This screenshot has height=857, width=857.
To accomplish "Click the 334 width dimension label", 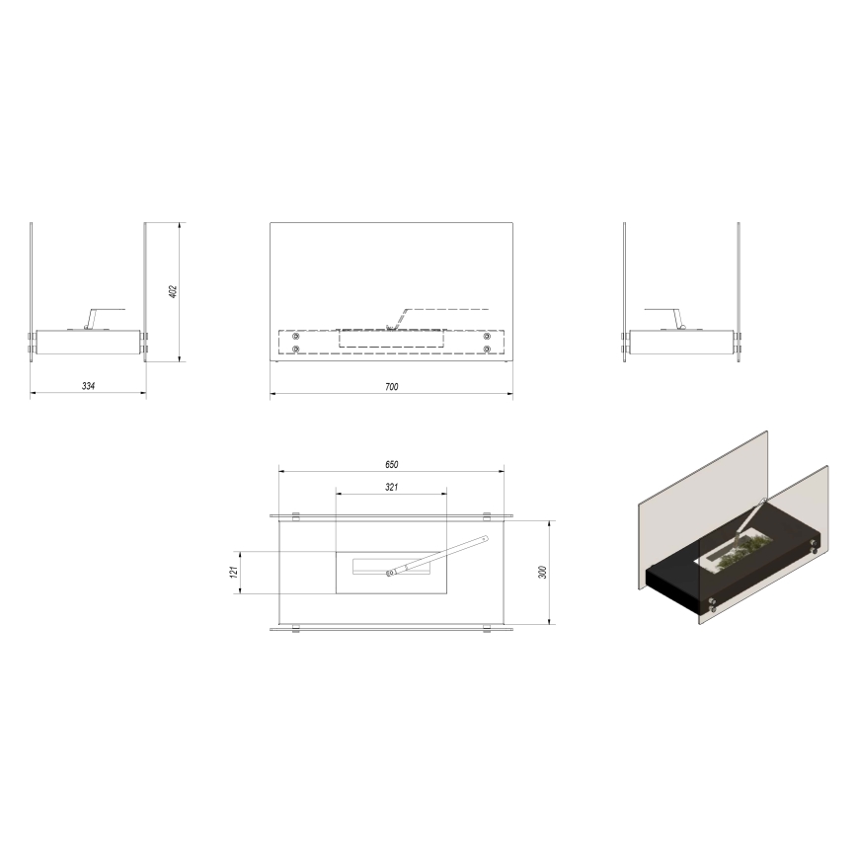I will click(89, 386).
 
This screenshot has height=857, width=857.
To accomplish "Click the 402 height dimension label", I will click(173, 291).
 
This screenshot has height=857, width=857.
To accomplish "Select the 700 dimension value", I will click(391, 387).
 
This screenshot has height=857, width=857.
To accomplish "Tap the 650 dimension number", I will click(391, 463).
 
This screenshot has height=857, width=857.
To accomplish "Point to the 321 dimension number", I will click(391, 487).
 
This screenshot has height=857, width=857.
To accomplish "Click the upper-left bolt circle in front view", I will click(296, 337).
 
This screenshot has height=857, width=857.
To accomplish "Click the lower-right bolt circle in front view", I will click(487, 349).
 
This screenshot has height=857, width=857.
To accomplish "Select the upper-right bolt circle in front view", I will click(487, 337).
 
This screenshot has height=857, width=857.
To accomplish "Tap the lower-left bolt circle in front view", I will click(296, 349).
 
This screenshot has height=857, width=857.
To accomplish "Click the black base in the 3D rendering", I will click(691, 586).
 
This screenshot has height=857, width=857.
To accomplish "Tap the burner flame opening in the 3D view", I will click(736, 556).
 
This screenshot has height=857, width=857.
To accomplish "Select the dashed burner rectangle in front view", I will click(391, 339).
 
